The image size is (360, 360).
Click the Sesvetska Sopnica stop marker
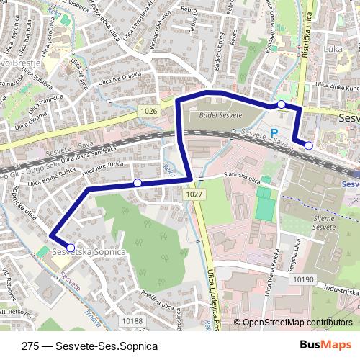tap(70, 248)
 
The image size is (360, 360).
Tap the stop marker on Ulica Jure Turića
tap(138, 183)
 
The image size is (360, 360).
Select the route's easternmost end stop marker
tap(309, 145)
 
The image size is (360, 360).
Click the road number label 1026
tap(150, 110)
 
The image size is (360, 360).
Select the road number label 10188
tap(132, 320)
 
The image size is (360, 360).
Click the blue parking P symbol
tap(274, 132)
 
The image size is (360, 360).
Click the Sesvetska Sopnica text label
tap(84, 253)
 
